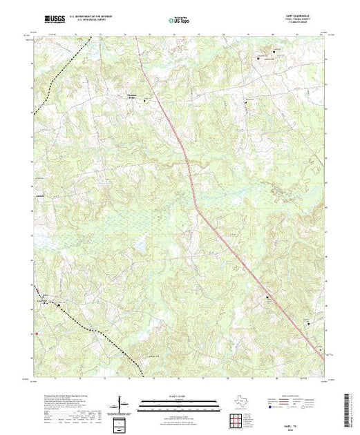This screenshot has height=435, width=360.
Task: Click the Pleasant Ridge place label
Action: pyautogui.click(x=133, y=97)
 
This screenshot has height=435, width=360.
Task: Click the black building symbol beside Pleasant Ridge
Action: pyautogui.click(x=144, y=101)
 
